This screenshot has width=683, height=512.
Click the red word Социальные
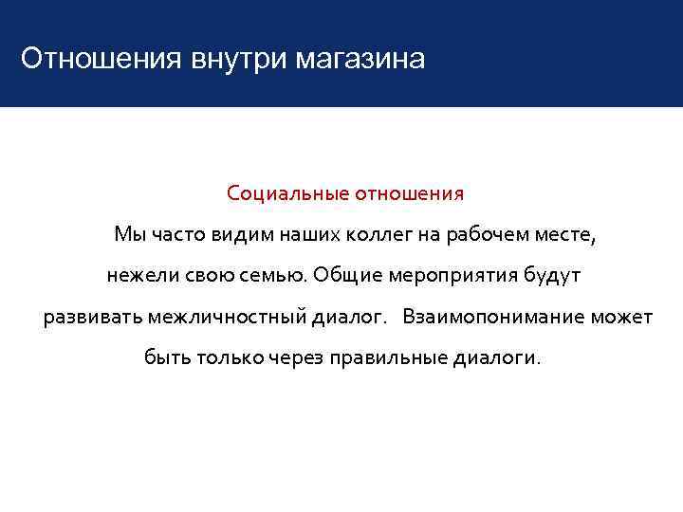tap(287, 193)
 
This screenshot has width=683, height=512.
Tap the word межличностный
tap(227, 316)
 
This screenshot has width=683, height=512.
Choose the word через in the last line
tap(295, 357)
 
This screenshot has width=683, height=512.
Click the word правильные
tap(388, 357)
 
